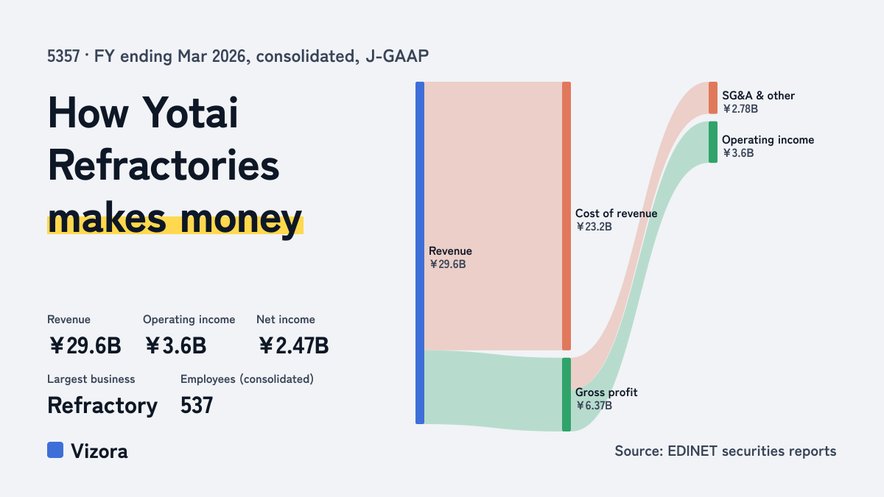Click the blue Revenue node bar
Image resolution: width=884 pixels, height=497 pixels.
420,253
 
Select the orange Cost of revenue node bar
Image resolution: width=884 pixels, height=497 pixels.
566,216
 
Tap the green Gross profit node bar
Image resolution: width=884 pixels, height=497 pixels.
566,395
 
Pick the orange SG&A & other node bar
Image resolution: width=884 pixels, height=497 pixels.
713,98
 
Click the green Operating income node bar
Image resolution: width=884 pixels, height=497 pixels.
713,142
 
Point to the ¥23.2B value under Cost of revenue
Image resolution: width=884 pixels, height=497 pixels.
594,227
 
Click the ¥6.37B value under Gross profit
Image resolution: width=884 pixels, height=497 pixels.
594,406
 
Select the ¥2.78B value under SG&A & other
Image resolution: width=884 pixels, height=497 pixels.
740,109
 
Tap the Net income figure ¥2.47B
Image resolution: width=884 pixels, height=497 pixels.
294,346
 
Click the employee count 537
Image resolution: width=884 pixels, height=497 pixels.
197,405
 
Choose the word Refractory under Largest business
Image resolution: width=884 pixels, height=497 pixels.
102,406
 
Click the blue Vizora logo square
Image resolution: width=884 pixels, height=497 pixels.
55,450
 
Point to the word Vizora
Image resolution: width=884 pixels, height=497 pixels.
99,451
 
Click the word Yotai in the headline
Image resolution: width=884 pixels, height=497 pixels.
190,113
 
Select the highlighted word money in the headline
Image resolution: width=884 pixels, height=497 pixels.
241,219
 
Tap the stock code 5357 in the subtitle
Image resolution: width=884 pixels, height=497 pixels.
63,57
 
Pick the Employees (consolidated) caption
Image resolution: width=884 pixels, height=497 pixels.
247,379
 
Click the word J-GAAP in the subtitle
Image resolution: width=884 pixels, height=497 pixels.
397,57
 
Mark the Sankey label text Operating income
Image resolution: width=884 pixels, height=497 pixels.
768,140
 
